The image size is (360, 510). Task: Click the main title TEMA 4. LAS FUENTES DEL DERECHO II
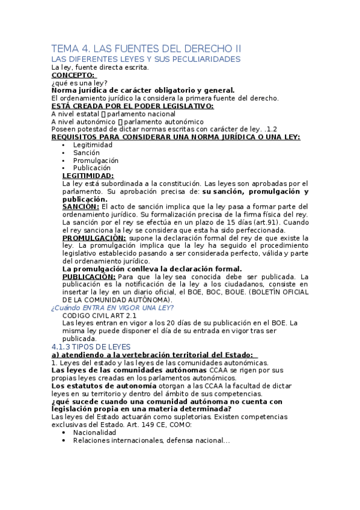click(x=146, y=48)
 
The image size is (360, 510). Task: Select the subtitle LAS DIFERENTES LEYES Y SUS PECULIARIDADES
click(x=146, y=60)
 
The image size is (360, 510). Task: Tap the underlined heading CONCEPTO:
click(x=73, y=75)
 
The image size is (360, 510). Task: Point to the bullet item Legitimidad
click(x=93, y=145)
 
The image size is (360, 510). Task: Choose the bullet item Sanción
click(x=87, y=153)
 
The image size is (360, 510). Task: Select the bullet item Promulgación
click(x=96, y=161)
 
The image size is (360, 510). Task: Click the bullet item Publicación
click(x=92, y=168)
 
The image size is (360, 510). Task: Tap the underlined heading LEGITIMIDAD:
click(x=88, y=176)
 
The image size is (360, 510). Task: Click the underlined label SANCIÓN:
click(x=81, y=207)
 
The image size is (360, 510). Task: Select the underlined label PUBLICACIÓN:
click(x=89, y=277)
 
